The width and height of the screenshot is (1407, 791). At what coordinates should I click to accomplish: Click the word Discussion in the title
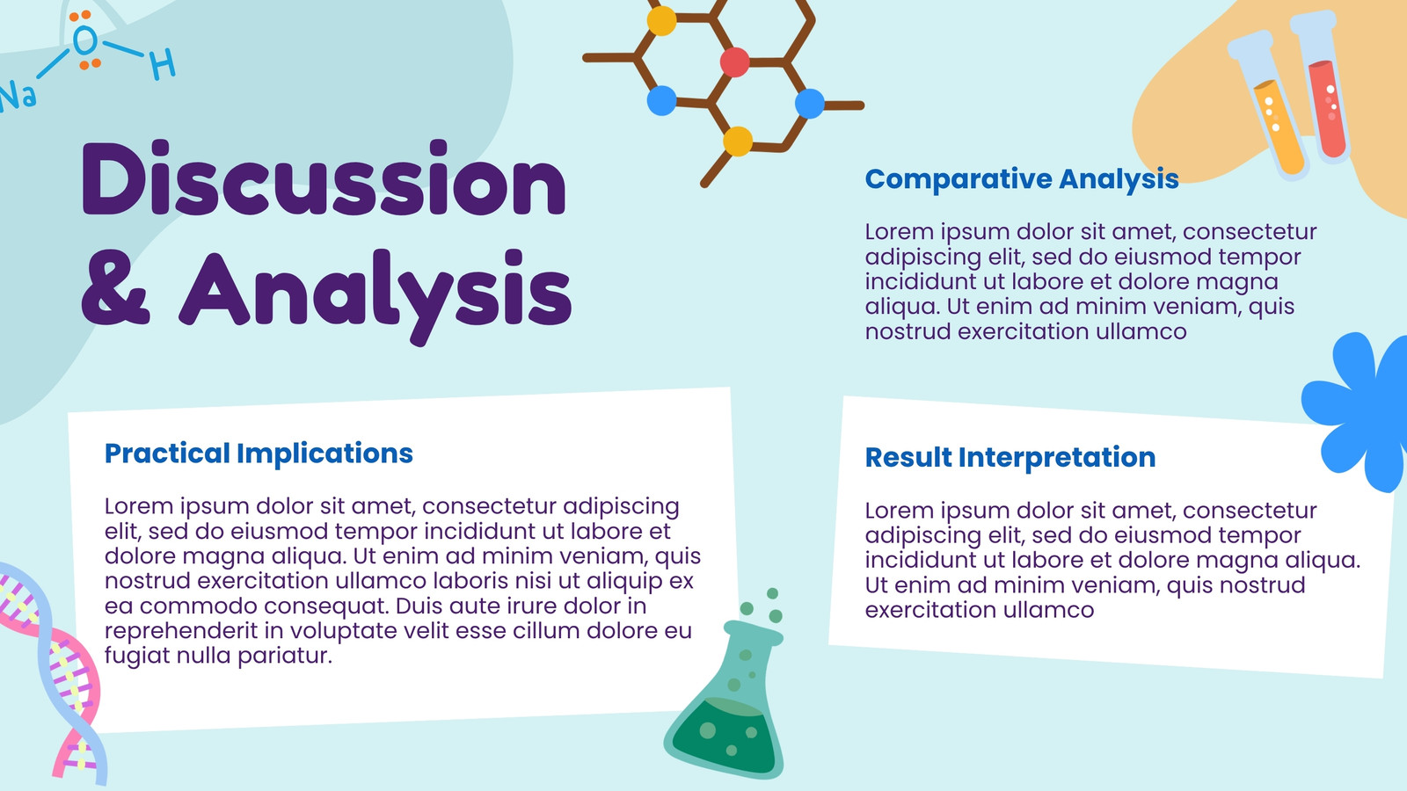tap(324, 178)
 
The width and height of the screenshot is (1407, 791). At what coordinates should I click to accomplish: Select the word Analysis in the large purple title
tap(375, 296)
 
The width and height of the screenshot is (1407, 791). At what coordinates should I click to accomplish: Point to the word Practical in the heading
tap(167, 454)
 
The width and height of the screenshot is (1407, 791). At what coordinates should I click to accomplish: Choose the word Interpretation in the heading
tap(1056, 458)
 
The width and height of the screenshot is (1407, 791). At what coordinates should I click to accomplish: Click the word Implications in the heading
tap(324, 454)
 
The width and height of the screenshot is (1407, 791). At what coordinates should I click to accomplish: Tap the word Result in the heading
tap(908, 457)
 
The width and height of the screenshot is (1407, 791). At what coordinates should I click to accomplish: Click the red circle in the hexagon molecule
tap(734, 62)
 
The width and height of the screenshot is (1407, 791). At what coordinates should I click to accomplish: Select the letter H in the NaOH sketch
tap(162, 65)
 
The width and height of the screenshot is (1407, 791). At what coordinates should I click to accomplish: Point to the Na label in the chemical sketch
tap(17, 97)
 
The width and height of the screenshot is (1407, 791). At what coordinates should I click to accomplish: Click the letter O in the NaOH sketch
tap(85, 41)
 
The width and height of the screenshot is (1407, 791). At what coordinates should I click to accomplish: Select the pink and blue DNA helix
tap(53, 672)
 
